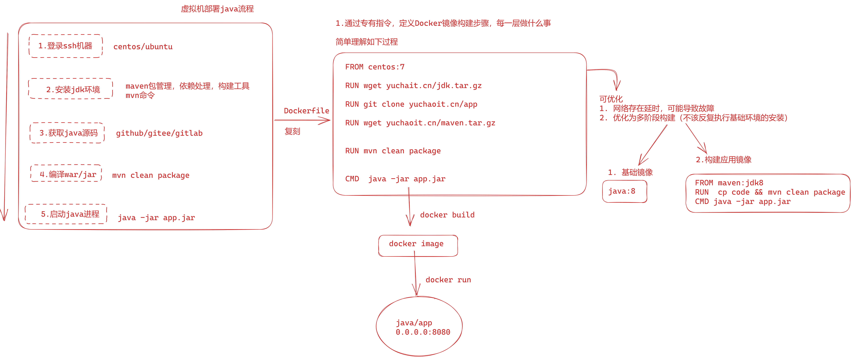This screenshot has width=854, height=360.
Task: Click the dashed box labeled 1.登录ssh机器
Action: click(65, 46)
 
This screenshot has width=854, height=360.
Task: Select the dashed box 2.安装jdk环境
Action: click(71, 89)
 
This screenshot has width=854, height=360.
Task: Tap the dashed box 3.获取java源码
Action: click(67, 133)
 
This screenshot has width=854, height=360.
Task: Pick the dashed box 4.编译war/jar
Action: click(66, 173)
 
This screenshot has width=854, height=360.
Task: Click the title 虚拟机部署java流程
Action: click(217, 9)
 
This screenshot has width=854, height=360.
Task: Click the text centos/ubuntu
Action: click(143, 47)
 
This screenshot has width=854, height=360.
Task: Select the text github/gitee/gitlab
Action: click(159, 133)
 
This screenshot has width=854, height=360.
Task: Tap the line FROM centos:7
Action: click(375, 67)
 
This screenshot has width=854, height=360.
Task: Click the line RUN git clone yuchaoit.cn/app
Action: click(411, 104)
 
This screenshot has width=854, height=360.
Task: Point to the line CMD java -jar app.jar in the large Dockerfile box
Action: click(395, 179)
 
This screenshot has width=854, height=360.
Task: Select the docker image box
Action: click(418, 245)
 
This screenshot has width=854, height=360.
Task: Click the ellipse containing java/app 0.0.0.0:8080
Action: click(419, 326)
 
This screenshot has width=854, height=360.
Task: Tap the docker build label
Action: click(447, 215)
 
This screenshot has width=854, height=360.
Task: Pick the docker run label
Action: click(448, 280)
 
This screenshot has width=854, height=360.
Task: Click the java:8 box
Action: click(624, 191)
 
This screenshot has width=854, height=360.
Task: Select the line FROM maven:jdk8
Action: click(729, 183)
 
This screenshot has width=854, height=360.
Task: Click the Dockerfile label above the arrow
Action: click(306, 111)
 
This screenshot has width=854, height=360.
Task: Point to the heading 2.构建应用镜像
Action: click(723, 160)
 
